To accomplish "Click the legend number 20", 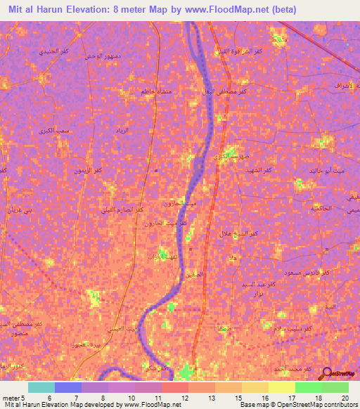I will click(x=345, y=398).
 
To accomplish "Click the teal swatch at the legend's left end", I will click(x=41, y=387).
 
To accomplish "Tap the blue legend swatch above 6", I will click(x=68, y=387).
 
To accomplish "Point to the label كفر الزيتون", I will click(x=89, y=171).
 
